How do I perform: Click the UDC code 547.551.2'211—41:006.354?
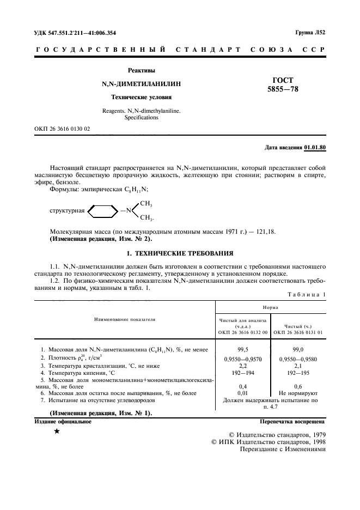(75, 33)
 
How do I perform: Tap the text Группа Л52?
(310, 33)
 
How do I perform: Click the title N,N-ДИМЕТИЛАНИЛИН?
(142, 84)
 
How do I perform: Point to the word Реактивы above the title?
(142, 71)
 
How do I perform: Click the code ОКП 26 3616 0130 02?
(62, 129)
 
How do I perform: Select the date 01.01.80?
(315, 148)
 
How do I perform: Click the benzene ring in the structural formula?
(102, 210)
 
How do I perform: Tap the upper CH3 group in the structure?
(146, 204)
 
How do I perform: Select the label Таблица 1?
(306, 294)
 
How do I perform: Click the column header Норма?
(271, 307)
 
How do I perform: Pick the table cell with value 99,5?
(243, 348)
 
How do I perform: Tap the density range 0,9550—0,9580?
(297, 360)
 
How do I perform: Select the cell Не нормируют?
(297, 393)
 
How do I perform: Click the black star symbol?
(57, 432)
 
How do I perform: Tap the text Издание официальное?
(63, 421)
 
